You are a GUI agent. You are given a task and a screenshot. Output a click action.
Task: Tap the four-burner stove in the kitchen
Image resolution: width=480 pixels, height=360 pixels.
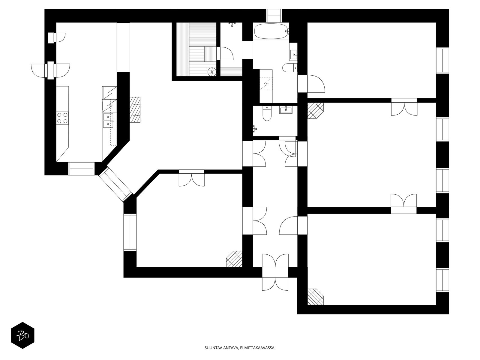pos(62,118)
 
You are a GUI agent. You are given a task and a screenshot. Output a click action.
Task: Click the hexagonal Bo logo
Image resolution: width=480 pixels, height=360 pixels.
pos(22,335)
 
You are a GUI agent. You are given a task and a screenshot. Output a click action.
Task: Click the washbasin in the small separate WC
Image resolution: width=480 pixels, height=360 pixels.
pos(286,110)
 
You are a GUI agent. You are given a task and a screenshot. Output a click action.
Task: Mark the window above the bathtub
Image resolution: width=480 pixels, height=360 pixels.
pos(274,16)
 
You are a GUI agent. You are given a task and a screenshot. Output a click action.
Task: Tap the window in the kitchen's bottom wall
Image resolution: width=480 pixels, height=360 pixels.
pos(81,169)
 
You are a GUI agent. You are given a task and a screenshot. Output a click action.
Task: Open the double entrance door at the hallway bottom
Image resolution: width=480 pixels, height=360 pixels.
pos(275,272)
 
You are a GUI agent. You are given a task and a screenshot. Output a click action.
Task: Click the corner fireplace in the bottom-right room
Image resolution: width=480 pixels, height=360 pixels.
pos(315,297)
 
